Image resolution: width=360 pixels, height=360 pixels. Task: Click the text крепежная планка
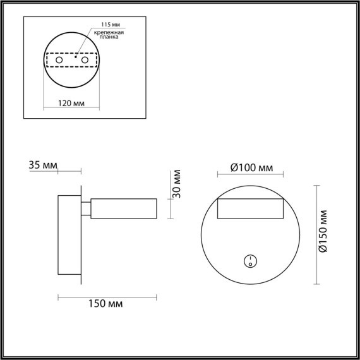tap(107, 34)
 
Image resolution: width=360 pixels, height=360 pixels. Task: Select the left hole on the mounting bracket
tap(59, 60)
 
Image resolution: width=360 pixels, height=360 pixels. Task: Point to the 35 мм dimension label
tap(43, 165)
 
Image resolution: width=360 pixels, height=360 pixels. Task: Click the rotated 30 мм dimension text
tap(178, 183)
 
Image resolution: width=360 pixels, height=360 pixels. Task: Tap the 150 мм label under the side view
tap(106, 304)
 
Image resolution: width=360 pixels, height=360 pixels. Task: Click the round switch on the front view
tap(250, 260)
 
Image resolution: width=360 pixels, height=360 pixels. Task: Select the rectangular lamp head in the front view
tap(250, 209)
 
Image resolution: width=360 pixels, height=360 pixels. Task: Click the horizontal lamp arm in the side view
tap(124, 209)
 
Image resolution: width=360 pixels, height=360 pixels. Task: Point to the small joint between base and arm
tap(86, 209)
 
